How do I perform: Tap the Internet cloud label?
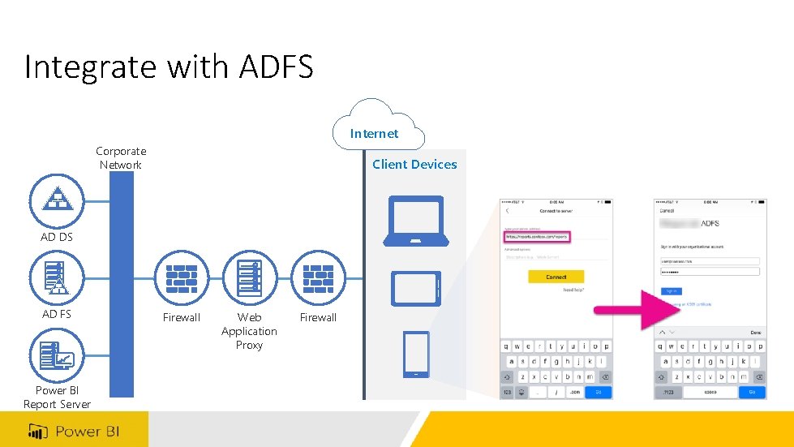click(x=374, y=134)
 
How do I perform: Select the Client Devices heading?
click(x=414, y=165)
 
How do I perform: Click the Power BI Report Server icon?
click(x=57, y=355)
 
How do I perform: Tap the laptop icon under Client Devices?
click(x=415, y=221)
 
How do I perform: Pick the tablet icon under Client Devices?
click(x=415, y=288)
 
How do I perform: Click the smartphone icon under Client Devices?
click(x=415, y=355)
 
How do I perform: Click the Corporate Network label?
click(x=121, y=158)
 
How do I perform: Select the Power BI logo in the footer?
click(x=75, y=431)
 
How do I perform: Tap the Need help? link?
click(x=573, y=290)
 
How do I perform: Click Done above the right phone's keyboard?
click(x=755, y=333)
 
